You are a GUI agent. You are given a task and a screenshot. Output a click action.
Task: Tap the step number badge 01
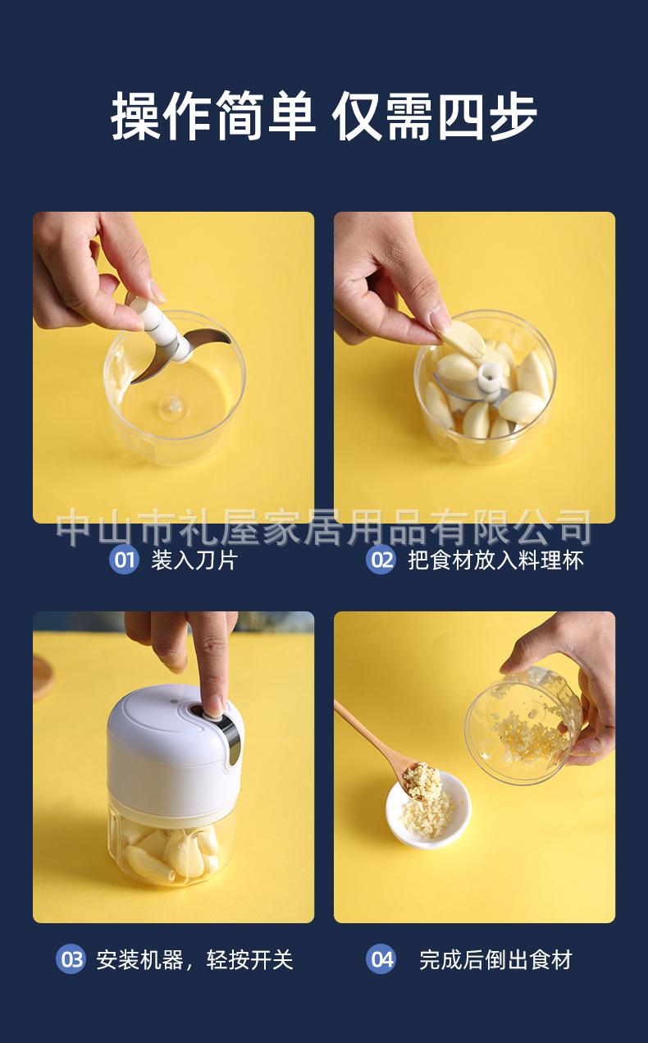(124, 560)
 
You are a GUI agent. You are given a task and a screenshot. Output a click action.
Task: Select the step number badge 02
(381, 560)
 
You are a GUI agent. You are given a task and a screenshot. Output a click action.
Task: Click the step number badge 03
(71, 959)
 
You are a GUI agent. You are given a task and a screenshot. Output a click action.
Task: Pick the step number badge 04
(381, 959)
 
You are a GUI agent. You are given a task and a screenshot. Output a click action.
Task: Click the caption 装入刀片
(194, 560)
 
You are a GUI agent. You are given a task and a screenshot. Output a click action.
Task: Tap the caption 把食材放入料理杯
(495, 560)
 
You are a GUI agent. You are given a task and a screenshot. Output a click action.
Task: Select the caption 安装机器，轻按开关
(194, 959)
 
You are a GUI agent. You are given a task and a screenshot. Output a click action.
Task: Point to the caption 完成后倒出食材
(495, 959)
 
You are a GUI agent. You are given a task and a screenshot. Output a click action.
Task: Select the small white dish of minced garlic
(428, 812)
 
